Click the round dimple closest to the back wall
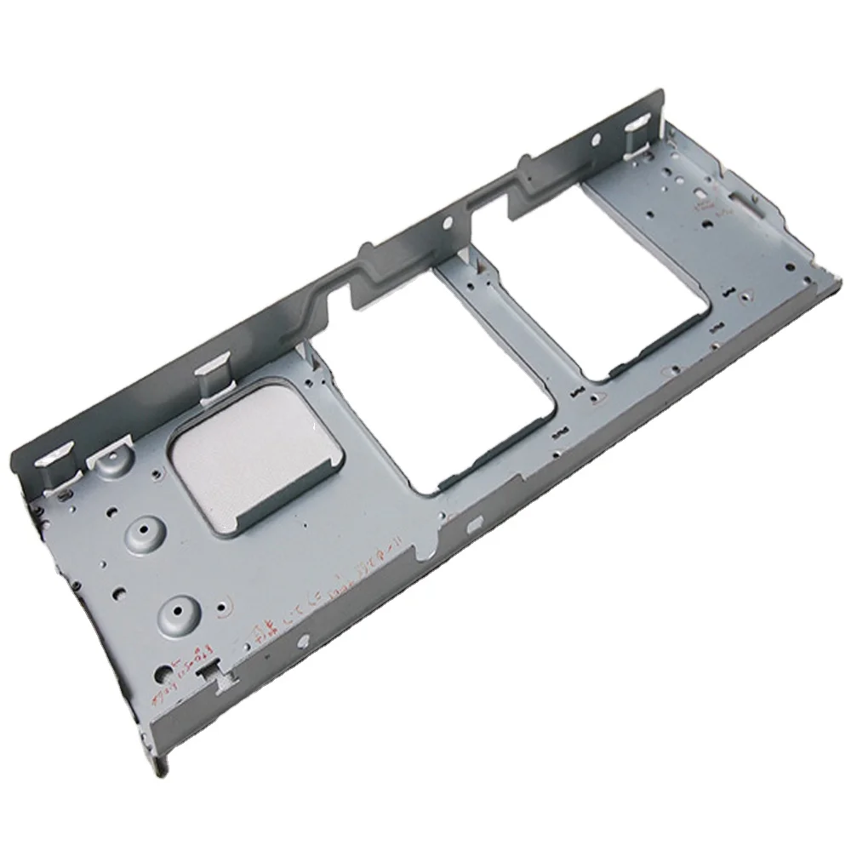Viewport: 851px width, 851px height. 108,464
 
